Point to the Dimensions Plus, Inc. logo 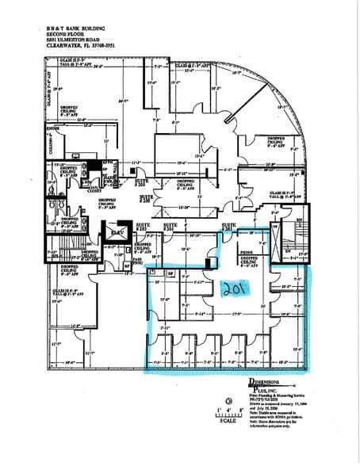coord(265,385)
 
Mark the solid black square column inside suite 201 coord(207,262)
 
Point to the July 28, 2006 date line coord(270,406)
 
